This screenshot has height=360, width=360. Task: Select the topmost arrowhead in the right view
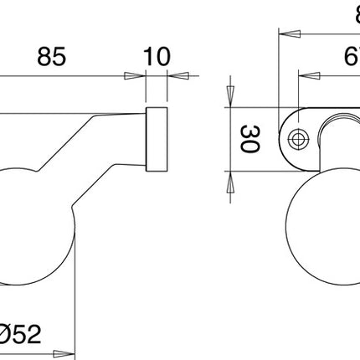tap(286, 34)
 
